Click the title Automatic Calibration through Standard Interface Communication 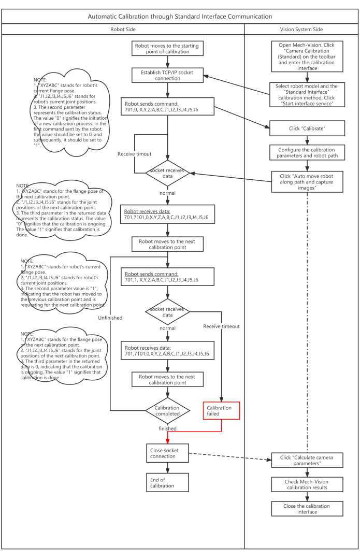point(180,17)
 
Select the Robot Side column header point(123,30)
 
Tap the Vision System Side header point(301,30)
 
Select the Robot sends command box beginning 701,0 point(167,107)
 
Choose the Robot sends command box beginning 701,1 point(167,276)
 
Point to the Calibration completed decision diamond point(167,411)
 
